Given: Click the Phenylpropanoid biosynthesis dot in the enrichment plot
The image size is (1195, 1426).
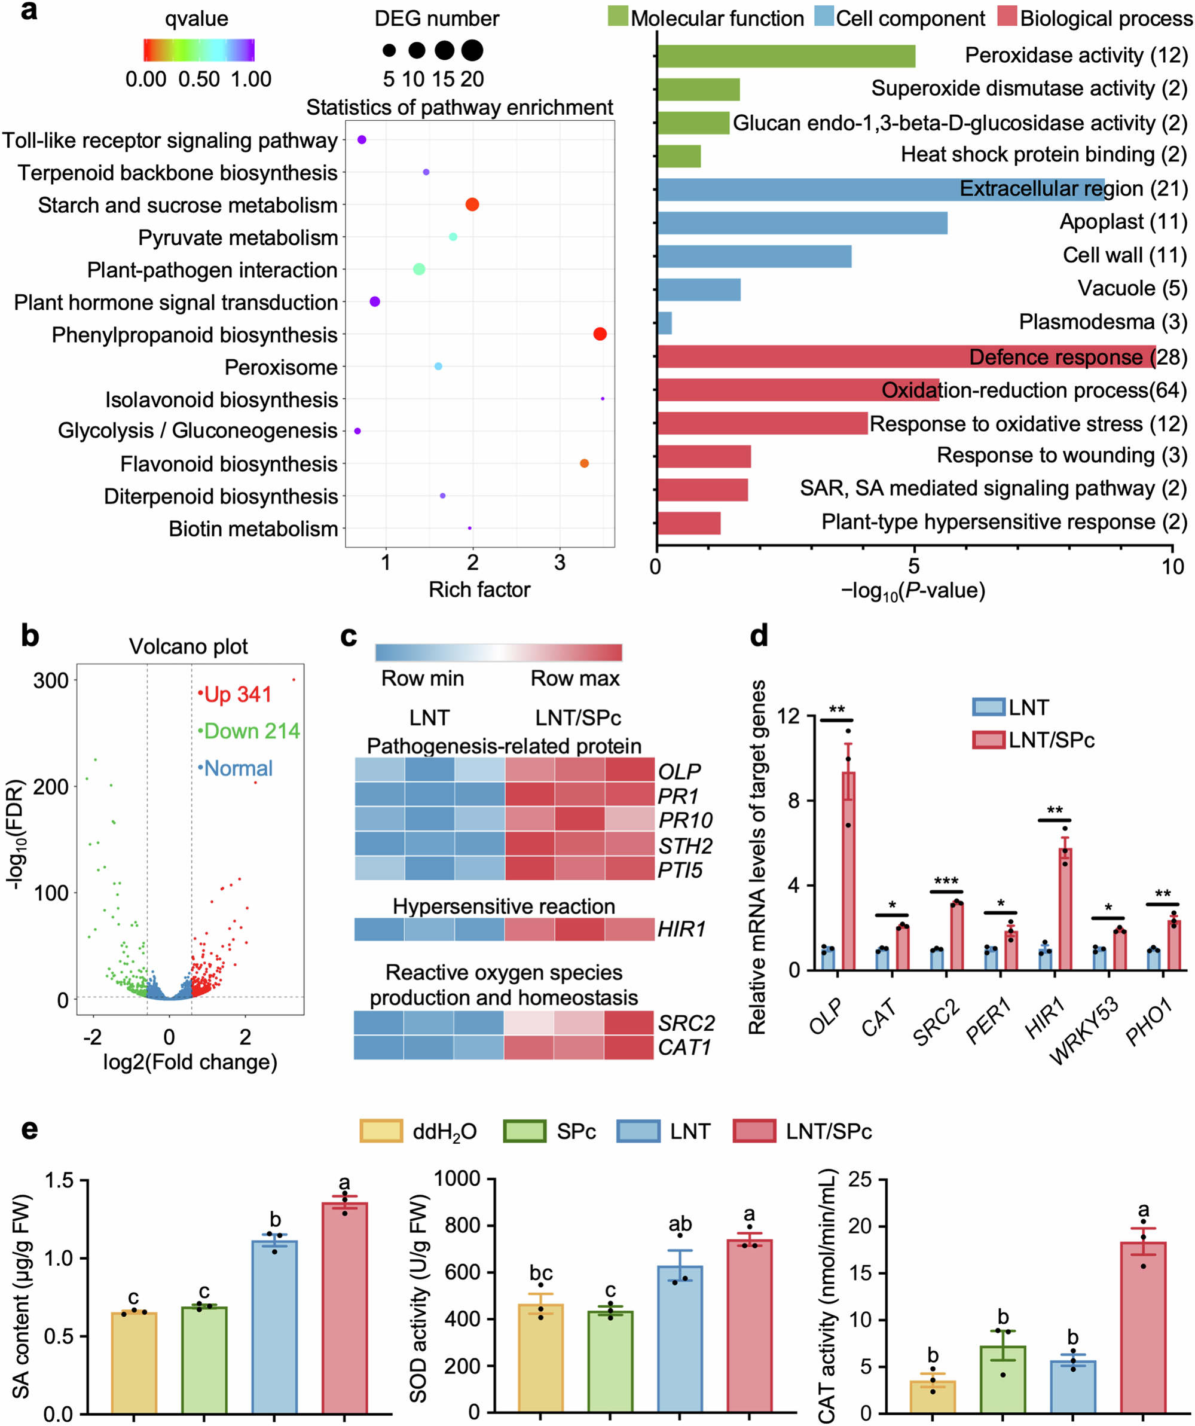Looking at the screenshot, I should pyautogui.click(x=600, y=334).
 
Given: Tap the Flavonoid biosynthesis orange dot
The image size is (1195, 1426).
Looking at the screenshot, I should pyautogui.click(x=584, y=463).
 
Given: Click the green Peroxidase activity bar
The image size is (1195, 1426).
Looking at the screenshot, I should pyautogui.click(x=786, y=56).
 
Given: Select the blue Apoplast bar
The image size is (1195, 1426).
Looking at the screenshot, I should pyautogui.click(x=802, y=223).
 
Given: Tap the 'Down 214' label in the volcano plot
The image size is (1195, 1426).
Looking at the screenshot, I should pyautogui.click(x=251, y=731).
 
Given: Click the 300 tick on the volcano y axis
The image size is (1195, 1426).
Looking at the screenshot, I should pyautogui.click(x=51, y=680).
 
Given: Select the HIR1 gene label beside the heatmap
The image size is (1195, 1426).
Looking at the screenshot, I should pyautogui.click(x=681, y=929).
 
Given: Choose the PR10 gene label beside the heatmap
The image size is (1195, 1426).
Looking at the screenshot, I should pyautogui.click(x=685, y=820).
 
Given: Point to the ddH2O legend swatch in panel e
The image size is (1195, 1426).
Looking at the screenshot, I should pyautogui.click(x=381, y=1131).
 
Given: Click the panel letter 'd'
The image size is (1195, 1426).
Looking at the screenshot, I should pyautogui.click(x=759, y=636).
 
